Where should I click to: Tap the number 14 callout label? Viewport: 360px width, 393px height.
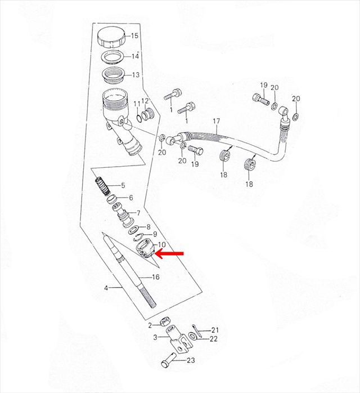click(135, 56)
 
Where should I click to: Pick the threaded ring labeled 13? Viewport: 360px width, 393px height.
click(114, 74)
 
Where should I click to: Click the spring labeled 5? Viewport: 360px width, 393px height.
click(102, 186)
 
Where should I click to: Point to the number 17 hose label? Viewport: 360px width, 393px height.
click(217, 121)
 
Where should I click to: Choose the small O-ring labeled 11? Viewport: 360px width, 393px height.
click(138, 117)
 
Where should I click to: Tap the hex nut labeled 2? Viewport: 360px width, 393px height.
click(164, 321)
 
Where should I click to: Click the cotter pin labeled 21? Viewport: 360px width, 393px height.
click(197, 331)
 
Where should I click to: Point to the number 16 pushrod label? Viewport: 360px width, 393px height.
click(156, 277)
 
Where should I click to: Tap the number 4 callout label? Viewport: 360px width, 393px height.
click(106, 288)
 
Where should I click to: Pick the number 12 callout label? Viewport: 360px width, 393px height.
click(145, 101)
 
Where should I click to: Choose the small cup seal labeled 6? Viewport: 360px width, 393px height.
click(112, 200)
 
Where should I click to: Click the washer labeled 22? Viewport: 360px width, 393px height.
click(192, 336)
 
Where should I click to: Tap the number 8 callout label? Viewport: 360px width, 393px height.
click(148, 227)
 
